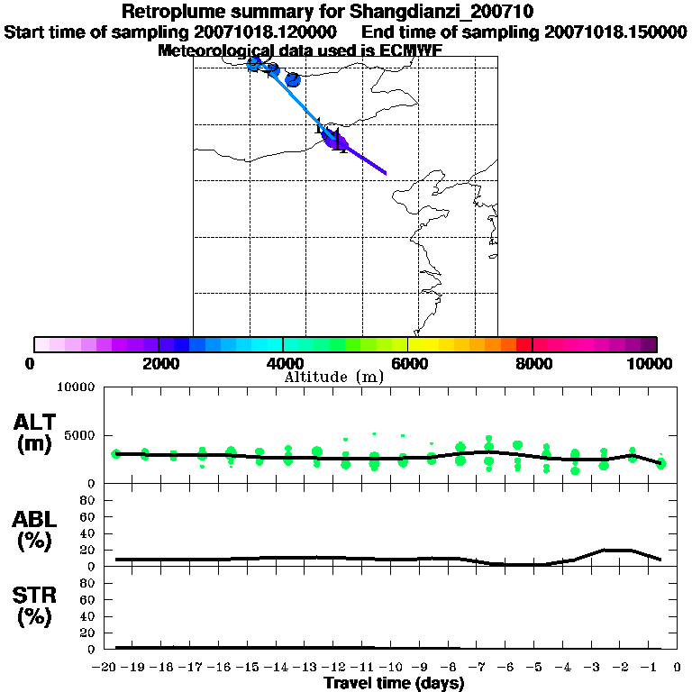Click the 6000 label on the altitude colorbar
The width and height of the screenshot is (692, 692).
point(408,363)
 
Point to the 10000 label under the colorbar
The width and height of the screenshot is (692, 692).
point(649,363)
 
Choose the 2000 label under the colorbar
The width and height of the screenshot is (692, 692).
point(159,363)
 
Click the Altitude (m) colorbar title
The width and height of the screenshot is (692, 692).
point(333,377)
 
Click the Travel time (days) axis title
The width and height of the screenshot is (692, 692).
point(394,684)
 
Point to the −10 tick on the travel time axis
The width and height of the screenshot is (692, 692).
point(393,668)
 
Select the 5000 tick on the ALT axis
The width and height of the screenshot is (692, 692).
point(80,435)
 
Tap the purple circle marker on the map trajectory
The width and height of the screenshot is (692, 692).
point(338,141)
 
